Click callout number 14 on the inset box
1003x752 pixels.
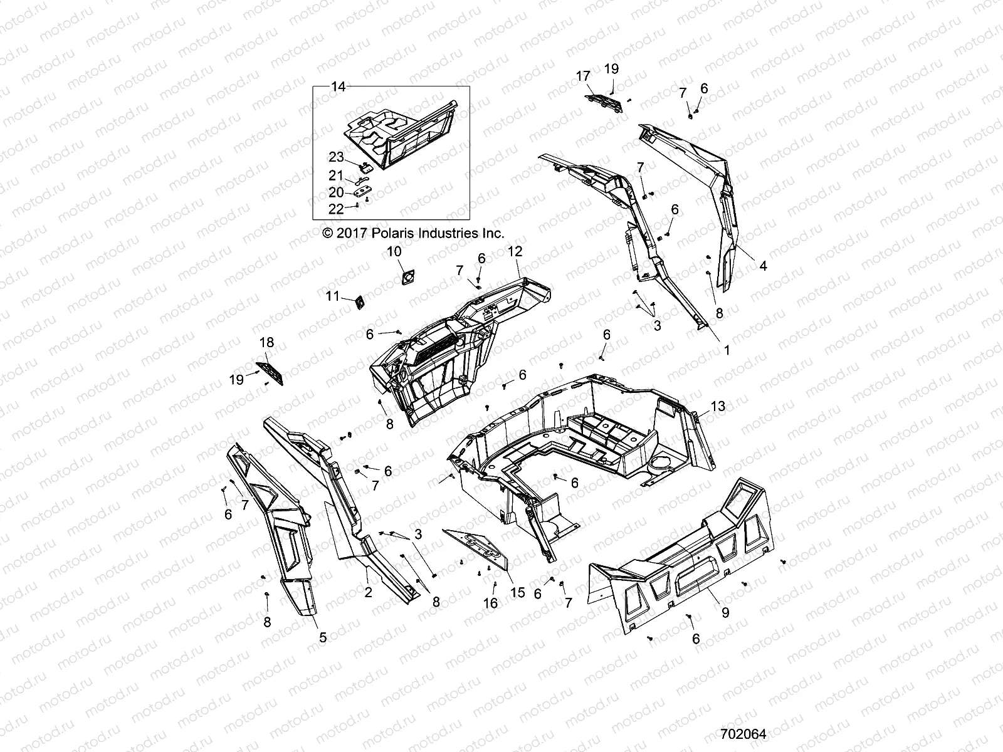pyautogui.click(x=338, y=87)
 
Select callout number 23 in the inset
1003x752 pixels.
pyautogui.click(x=337, y=157)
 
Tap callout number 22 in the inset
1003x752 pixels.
pyautogui.click(x=336, y=209)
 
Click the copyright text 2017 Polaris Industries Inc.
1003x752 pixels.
pyautogui.click(x=412, y=233)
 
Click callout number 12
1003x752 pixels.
pyautogui.click(x=515, y=251)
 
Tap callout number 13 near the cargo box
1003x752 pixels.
pyautogui.click(x=717, y=406)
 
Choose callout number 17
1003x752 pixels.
pyautogui.click(x=583, y=76)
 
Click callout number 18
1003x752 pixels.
pyautogui.click(x=266, y=343)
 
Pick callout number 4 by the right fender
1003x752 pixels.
pyautogui.click(x=763, y=266)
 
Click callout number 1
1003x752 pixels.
pyautogui.click(x=727, y=351)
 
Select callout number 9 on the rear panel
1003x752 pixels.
pyautogui.click(x=725, y=613)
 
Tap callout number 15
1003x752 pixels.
pyautogui.click(x=518, y=593)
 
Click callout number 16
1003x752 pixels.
pyautogui.click(x=490, y=603)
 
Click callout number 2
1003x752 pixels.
pyautogui.click(x=368, y=592)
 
